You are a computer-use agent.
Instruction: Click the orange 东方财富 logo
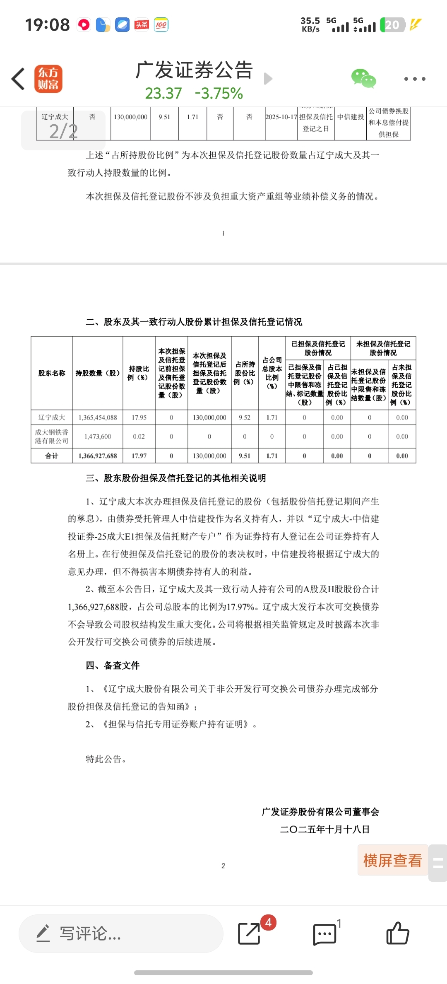48,79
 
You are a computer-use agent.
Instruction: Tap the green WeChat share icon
363,78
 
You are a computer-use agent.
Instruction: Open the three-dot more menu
414,79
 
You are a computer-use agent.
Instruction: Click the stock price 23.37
163,94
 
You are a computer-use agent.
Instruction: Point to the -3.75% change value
219,94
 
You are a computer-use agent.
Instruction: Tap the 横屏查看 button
392,861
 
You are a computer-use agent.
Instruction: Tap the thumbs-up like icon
397,933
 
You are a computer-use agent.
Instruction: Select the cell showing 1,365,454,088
98,417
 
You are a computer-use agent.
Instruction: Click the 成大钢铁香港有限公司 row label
52,437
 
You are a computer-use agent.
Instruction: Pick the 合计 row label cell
52,456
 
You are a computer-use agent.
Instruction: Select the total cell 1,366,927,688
98,456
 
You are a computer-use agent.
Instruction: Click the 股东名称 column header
52,373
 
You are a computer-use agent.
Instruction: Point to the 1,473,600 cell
98,437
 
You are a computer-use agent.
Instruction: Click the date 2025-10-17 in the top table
281,117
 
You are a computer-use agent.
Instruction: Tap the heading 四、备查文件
113,666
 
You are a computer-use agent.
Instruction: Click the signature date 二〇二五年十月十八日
324,830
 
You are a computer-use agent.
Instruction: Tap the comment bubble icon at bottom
324,934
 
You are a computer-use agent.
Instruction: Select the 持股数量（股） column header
98,373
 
